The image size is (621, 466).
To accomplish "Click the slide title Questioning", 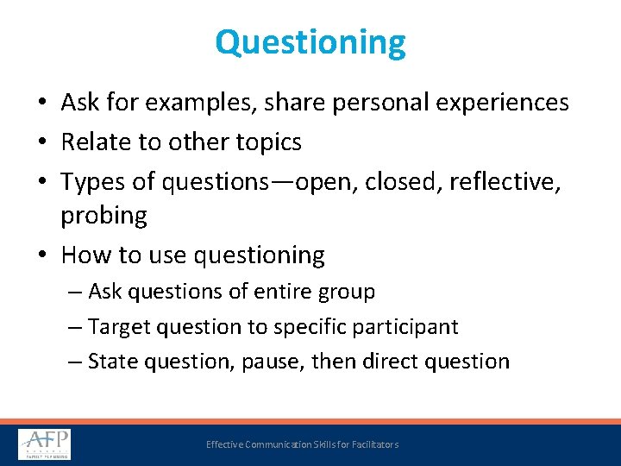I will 310,42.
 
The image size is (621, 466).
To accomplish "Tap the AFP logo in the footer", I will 45,444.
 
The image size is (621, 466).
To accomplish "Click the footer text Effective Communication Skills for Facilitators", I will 302,444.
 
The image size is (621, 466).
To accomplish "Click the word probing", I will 103,216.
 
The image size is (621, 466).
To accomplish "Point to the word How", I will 85,255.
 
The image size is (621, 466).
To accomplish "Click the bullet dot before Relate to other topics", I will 42,142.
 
